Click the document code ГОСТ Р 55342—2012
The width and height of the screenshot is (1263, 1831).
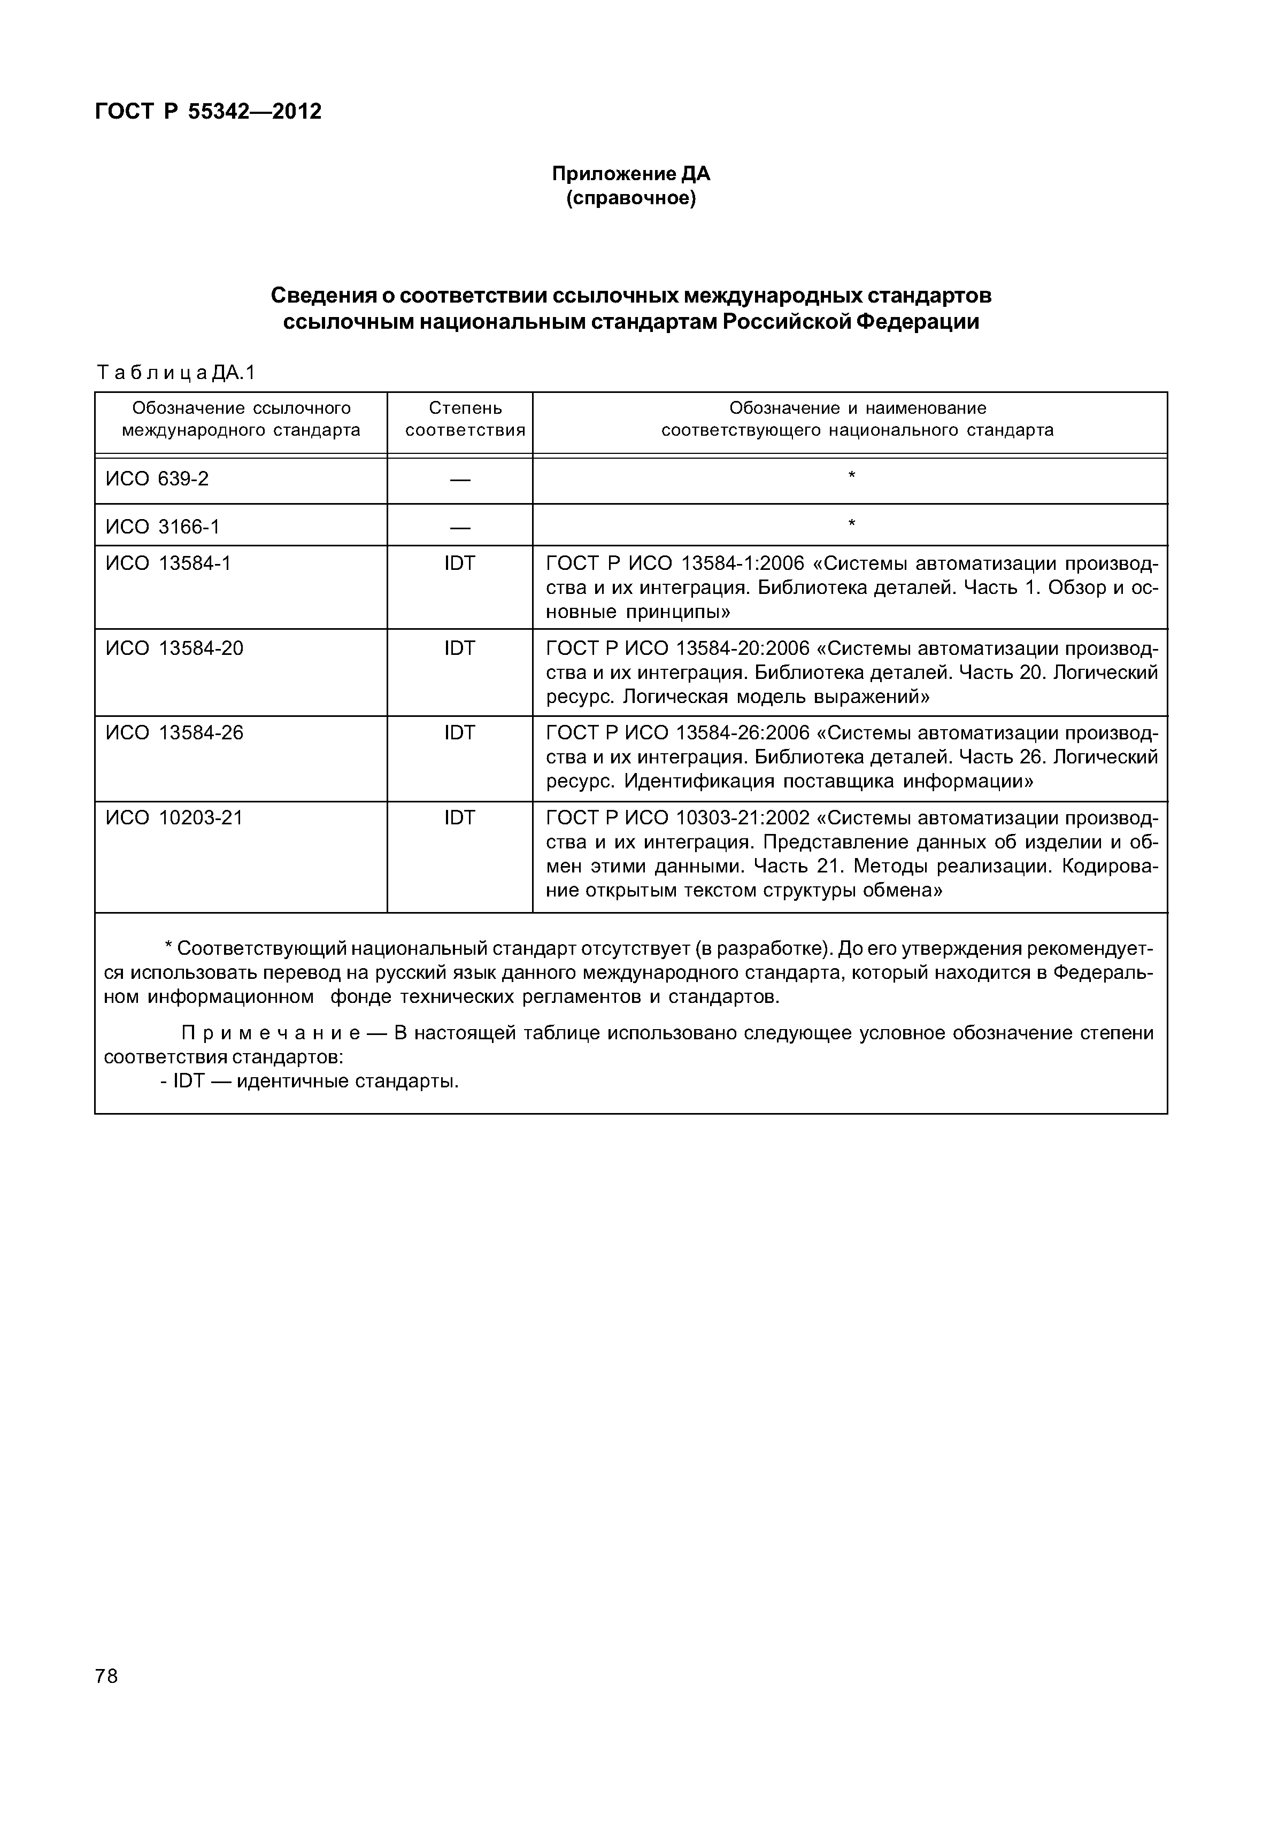tap(208, 112)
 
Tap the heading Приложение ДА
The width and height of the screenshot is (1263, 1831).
tap(631, 173)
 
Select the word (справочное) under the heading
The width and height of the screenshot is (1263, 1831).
tap(631, 198)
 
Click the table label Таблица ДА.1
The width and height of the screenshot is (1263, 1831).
tap(176, 372)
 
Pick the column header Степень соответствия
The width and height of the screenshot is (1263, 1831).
tap(465, 419)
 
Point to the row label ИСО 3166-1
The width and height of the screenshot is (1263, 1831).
tap(162, 526)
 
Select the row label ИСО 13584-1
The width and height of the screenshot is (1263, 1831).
tap(168, 563)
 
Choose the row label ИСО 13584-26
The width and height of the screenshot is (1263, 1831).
tap(174, 733)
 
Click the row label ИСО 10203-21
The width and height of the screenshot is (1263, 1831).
tap(174, 817)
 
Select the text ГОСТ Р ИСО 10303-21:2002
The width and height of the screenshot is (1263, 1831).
tap(677, 817)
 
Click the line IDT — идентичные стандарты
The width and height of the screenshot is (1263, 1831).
tap(310, 1081)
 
